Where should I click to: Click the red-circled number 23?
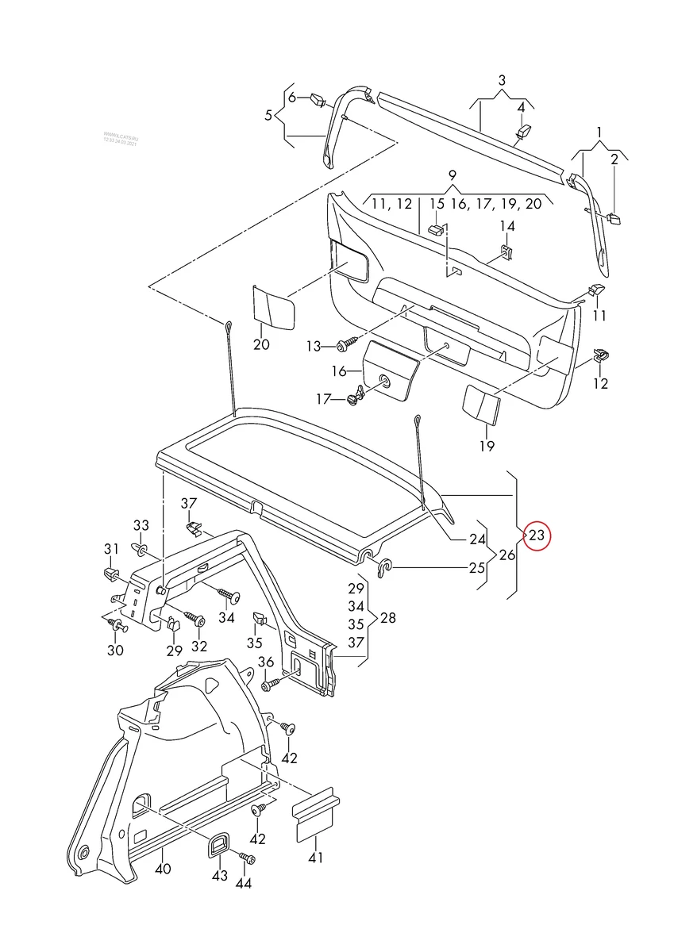tap(537, 536)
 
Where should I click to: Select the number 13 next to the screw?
tap(314, 347)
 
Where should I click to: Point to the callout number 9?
tap(452, 175)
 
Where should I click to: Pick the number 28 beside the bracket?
tap(387, 618)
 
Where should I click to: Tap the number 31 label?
tap(110, 549)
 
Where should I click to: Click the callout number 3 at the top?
tap(502, 80)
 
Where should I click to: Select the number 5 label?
tap(268, 115)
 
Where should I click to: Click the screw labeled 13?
tap(345, 346)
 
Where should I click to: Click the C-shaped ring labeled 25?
tap(383, 567)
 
